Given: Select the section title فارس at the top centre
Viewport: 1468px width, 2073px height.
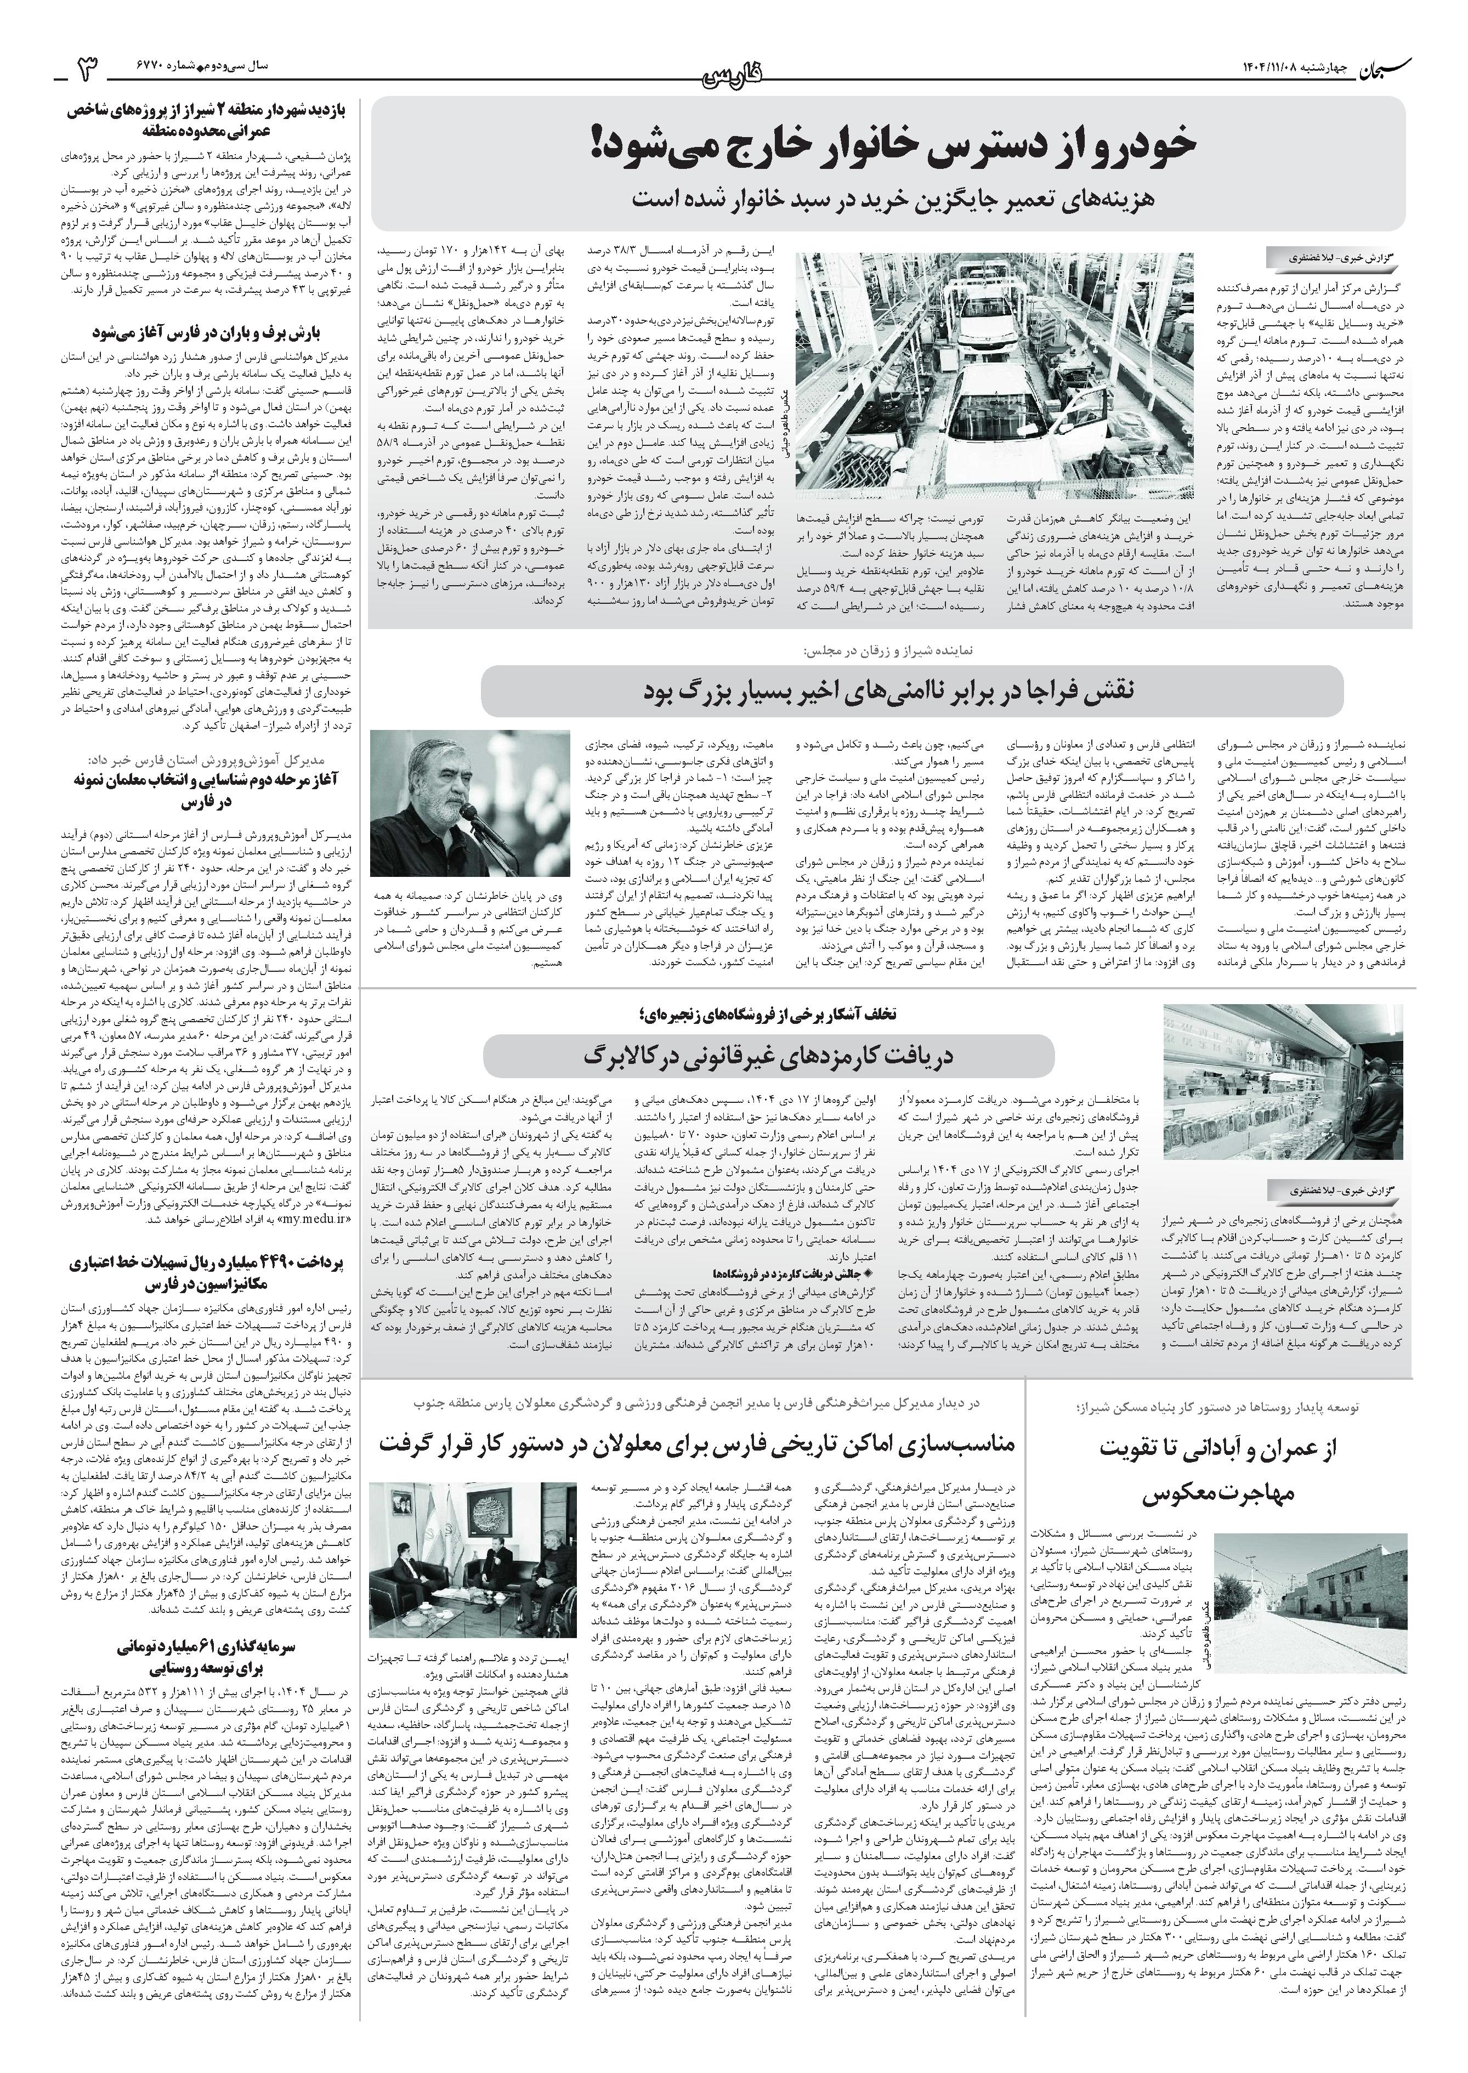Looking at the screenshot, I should pyautogui.click(x=734, y=74).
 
